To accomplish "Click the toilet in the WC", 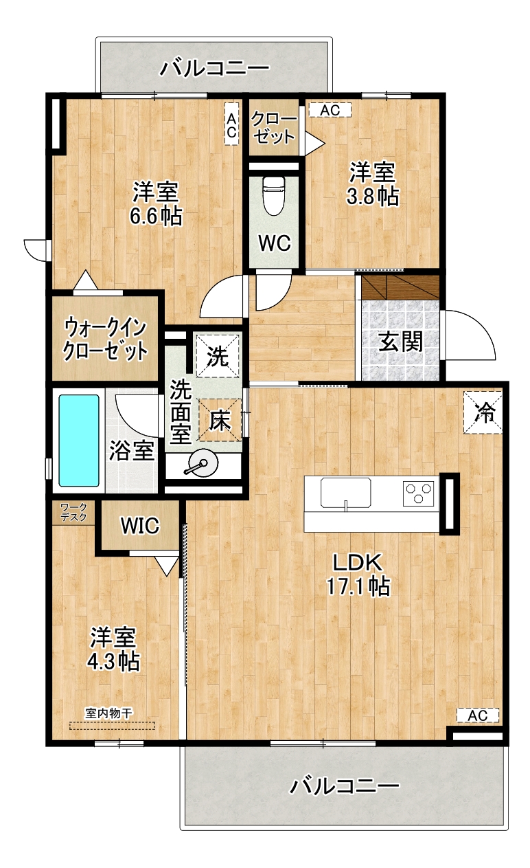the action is coord(273,196).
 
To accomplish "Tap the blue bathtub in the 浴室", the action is coord(78,441).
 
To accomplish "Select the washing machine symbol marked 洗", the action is coord(217,356).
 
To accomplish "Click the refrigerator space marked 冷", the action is coord(483,412).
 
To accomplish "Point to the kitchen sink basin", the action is coord(345,493).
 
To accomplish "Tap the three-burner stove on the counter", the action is coord(418,493).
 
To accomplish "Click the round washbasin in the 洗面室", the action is coord(203,463).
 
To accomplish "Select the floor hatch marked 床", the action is coord(220,420).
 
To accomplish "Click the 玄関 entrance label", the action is coord(400,342).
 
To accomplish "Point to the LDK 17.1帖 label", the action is coord(358,575).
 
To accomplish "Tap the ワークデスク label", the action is coord(73,512).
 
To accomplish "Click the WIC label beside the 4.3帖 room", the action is coord(140,526).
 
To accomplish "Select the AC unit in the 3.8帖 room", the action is coord(330,110).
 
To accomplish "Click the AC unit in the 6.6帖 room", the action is coord(231,124).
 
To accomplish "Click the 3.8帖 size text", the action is coord(372,197).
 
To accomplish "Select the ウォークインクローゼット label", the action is coord(105,339).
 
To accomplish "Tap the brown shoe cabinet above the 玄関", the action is coord(400,287).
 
